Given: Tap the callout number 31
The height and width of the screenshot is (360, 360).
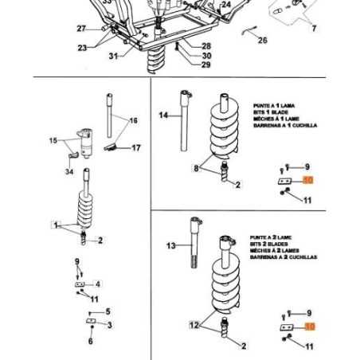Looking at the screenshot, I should pos(113,56).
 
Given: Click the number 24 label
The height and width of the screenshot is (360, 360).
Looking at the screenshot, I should pos(226,5).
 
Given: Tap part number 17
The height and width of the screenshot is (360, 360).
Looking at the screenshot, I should pos(136,147).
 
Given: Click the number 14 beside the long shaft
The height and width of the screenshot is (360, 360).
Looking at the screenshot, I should pos(165,115).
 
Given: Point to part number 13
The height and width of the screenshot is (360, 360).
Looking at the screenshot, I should pos(170,246).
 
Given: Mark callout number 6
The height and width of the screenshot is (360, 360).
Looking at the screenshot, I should pos(90,341).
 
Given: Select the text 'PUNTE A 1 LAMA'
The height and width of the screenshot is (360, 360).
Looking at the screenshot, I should pos(273,104).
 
